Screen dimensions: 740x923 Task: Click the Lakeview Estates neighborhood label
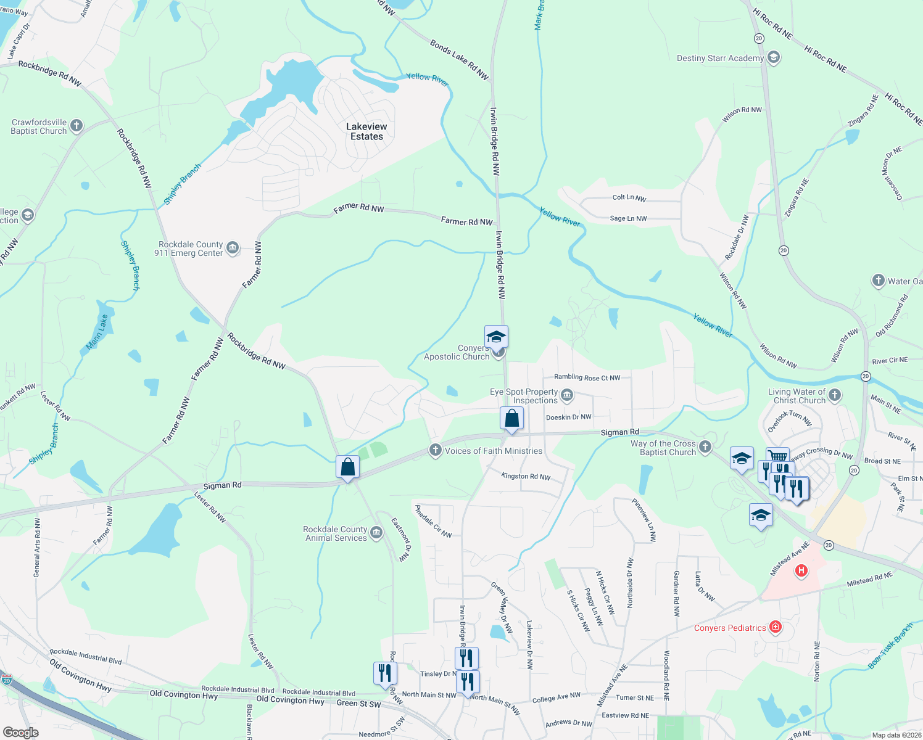pyautogui.click(x=366, y=131)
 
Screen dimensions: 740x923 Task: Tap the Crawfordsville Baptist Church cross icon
pyautogui.click(x=77, y=126)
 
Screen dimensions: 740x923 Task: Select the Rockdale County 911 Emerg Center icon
pyautogui.click(x=233, y=249)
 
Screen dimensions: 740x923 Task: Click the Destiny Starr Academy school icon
pyautogui.click(x=774, y=58)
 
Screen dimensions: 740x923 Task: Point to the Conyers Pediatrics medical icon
pyautogui.click(x=776, y=628)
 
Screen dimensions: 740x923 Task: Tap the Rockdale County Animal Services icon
pyautogui.click(x=376, y=533)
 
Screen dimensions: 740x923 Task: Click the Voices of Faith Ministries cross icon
pyautogui.click(x=436, y=450)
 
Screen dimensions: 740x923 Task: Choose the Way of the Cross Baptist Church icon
pyautogui.click(x=705, y=447)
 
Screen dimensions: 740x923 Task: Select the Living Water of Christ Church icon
pyautogui.click(x=835, y=395)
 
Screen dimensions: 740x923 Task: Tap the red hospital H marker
pyautogui.click(x=801, y=570)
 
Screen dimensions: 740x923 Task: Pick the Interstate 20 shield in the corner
pyautogui.click(x=7, y=680)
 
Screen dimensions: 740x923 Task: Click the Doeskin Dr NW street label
pyautogui.click(x=568, y=417)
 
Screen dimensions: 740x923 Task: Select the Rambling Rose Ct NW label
pyautogui.click(x=587, y=377)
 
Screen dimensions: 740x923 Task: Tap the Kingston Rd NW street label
pyautogui.click(x=526, y=476)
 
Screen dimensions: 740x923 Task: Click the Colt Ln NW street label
pyautogui.click(x=629, y=198)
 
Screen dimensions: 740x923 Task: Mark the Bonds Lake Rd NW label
pyautogui.click(x=459, y=60)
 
